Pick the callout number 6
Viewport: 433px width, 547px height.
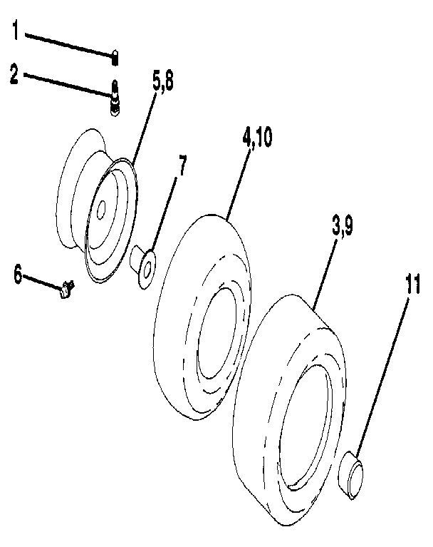[18, 273]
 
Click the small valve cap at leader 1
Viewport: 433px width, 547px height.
[115, 54]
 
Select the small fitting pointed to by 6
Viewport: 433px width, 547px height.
[68, 289]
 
